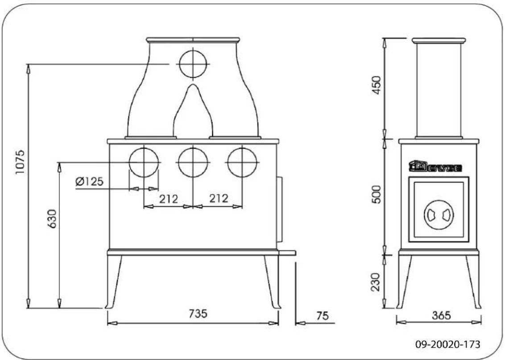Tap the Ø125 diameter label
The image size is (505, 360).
89,182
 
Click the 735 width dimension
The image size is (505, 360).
197,314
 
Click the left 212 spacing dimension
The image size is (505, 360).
168,198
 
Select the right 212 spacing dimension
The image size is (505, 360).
218,198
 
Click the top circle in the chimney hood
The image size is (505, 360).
193,64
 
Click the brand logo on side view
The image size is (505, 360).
436,167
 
